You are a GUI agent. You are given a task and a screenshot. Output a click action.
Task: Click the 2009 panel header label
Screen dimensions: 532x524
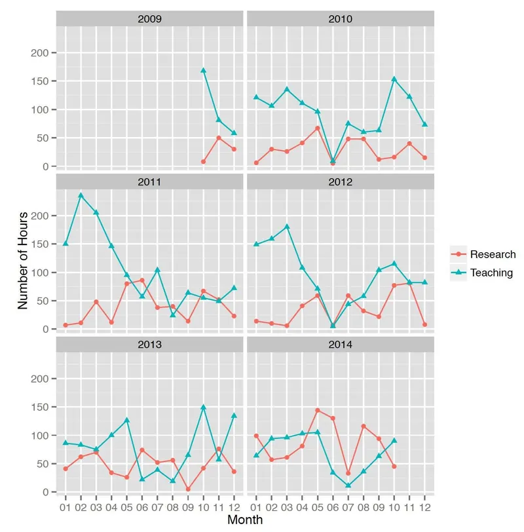point(149,18)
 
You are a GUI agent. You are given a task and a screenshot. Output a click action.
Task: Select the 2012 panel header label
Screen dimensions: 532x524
point(340,181)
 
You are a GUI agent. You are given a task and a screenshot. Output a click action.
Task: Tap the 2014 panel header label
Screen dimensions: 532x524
point(340,344)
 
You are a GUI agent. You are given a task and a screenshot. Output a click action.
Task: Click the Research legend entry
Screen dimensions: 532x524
point(493,254)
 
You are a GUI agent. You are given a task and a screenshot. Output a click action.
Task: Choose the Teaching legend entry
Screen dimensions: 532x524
point(492,273)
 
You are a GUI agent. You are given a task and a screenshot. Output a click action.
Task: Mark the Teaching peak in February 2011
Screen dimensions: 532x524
point(81,195)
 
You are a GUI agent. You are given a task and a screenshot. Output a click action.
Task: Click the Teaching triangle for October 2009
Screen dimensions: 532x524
point(203,70)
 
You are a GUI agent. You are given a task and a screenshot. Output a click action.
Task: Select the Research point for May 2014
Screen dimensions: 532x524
point(318,410)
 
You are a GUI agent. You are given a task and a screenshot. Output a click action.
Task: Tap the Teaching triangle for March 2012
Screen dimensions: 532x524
point(287,227)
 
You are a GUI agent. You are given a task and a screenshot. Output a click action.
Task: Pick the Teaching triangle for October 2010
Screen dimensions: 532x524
point(394,79)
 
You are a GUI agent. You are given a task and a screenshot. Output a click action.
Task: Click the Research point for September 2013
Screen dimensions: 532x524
point(188,489)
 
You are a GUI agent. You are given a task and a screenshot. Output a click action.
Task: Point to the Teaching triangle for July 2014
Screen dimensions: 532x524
point(349,485)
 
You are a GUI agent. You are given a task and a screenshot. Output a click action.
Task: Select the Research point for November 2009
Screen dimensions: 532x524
point(219,138)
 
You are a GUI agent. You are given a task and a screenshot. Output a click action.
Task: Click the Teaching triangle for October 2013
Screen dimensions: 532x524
point(203,407)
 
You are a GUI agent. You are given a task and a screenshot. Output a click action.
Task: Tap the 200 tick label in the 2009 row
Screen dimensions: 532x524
point(39,52)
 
